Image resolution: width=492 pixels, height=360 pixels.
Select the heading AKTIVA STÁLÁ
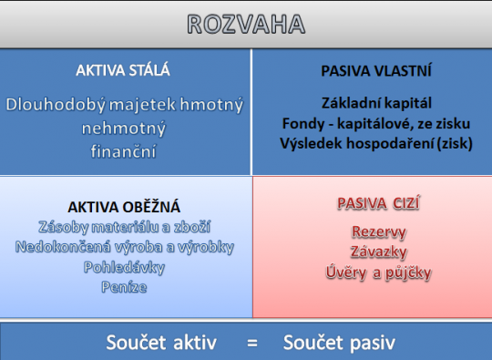[125, 69]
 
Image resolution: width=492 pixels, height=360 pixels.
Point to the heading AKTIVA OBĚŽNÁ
[125, 207]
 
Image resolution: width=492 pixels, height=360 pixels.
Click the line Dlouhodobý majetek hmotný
[125, 105]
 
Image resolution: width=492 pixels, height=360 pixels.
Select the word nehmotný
[125, 129]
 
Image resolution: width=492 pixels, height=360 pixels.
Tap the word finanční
[125, 151]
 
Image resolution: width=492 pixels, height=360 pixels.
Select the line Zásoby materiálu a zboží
[125, 227]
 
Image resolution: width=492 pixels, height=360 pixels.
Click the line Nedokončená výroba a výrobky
[125, 247]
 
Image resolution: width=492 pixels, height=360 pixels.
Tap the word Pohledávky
[125, 267]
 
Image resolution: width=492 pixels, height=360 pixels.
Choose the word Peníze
[125, 287]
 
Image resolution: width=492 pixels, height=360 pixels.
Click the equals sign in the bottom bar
[251, 343]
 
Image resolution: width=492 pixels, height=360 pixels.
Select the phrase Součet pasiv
[339, 343]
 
